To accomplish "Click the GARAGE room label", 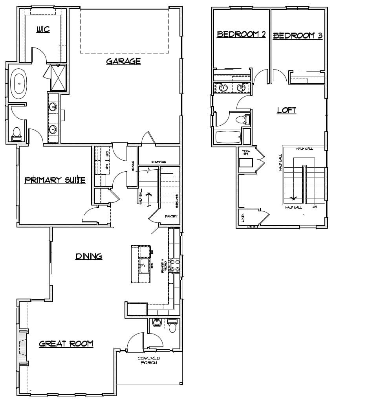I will click(123, 61).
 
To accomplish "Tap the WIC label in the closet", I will click(43, 29).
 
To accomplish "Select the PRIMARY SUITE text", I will click(55, 180).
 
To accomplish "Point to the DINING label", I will click(89, 257).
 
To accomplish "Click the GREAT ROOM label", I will click(66, 344).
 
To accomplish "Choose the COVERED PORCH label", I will click(149, 360).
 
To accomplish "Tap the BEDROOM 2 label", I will click(241, 35).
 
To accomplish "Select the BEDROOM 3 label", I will click(298, 36).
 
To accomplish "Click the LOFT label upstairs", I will click(286, 110).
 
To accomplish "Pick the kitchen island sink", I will click(143, 265).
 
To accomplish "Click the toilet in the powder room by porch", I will click(172, 326).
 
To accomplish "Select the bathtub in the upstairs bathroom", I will click(227, 137).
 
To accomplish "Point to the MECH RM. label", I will click(246, 152).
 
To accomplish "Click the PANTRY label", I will click(171, 216).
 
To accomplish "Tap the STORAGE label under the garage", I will click(159, 161).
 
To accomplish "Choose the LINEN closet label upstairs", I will click(243, 217).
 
